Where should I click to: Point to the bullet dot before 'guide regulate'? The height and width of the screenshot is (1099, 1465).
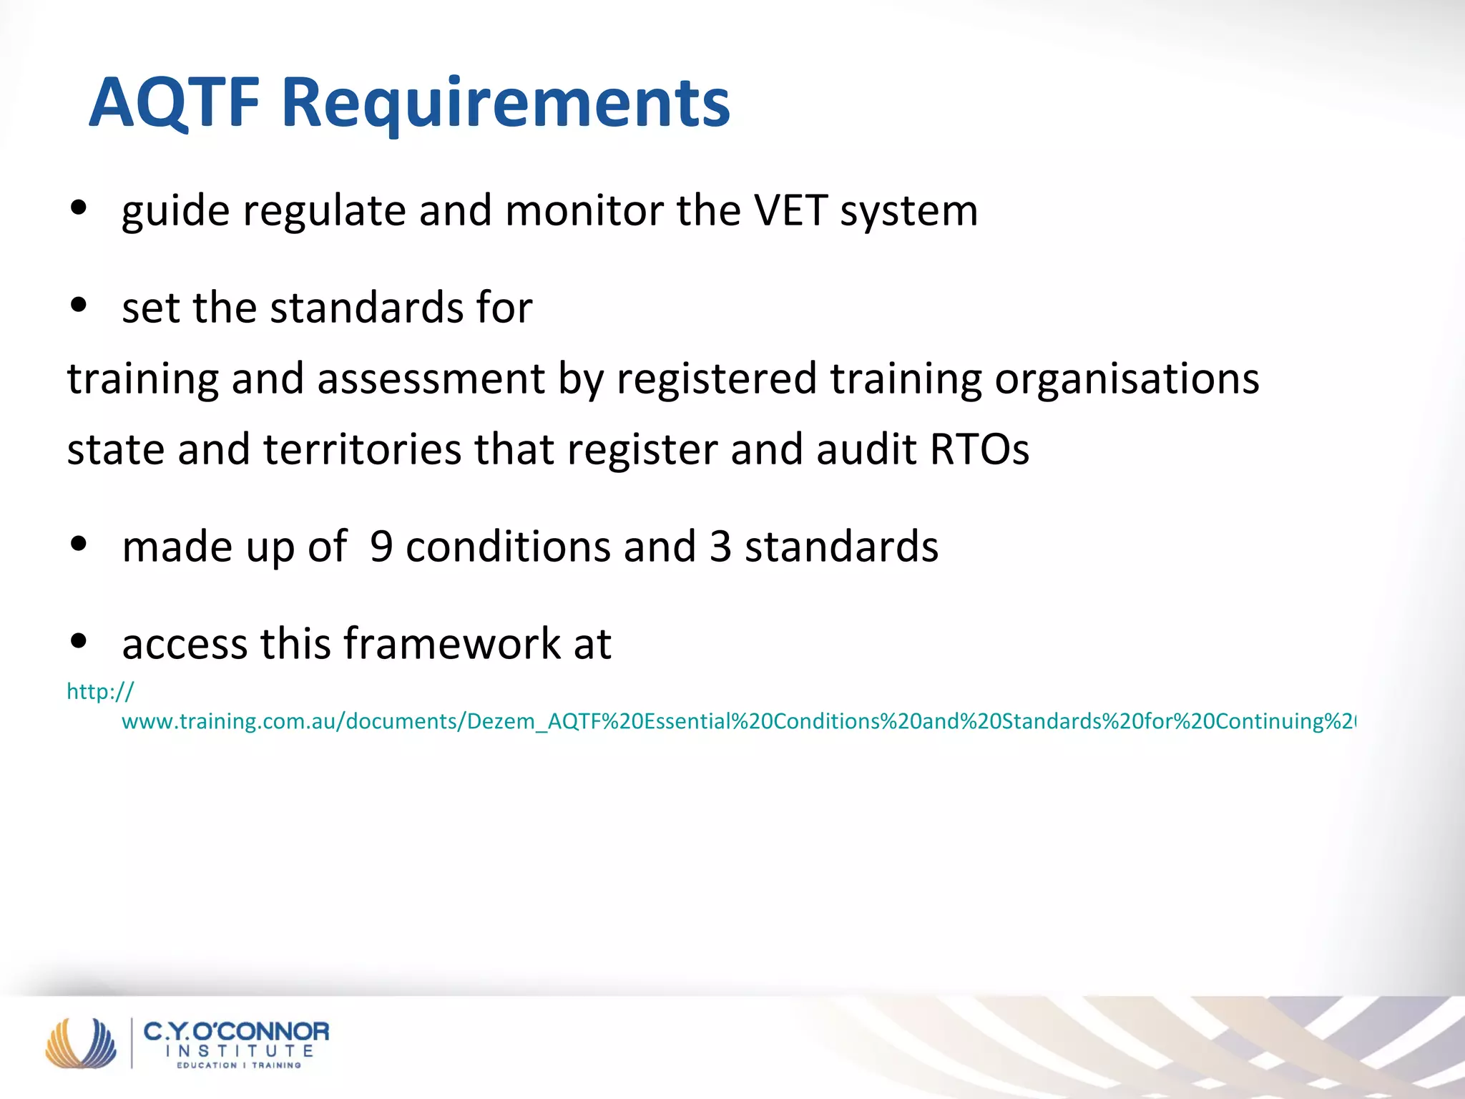79,207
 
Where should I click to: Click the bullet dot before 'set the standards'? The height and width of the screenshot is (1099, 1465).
79,305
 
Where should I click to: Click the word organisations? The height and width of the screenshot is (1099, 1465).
1127,378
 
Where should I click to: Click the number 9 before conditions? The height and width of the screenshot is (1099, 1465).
381,547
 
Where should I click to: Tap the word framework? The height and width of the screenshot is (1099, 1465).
452,643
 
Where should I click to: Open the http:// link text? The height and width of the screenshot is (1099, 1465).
100,691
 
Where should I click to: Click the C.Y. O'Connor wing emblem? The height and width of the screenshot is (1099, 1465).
81,1043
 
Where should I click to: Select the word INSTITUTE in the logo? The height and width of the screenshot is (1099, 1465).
240,1051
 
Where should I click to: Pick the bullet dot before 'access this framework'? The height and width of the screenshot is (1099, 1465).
79,641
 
